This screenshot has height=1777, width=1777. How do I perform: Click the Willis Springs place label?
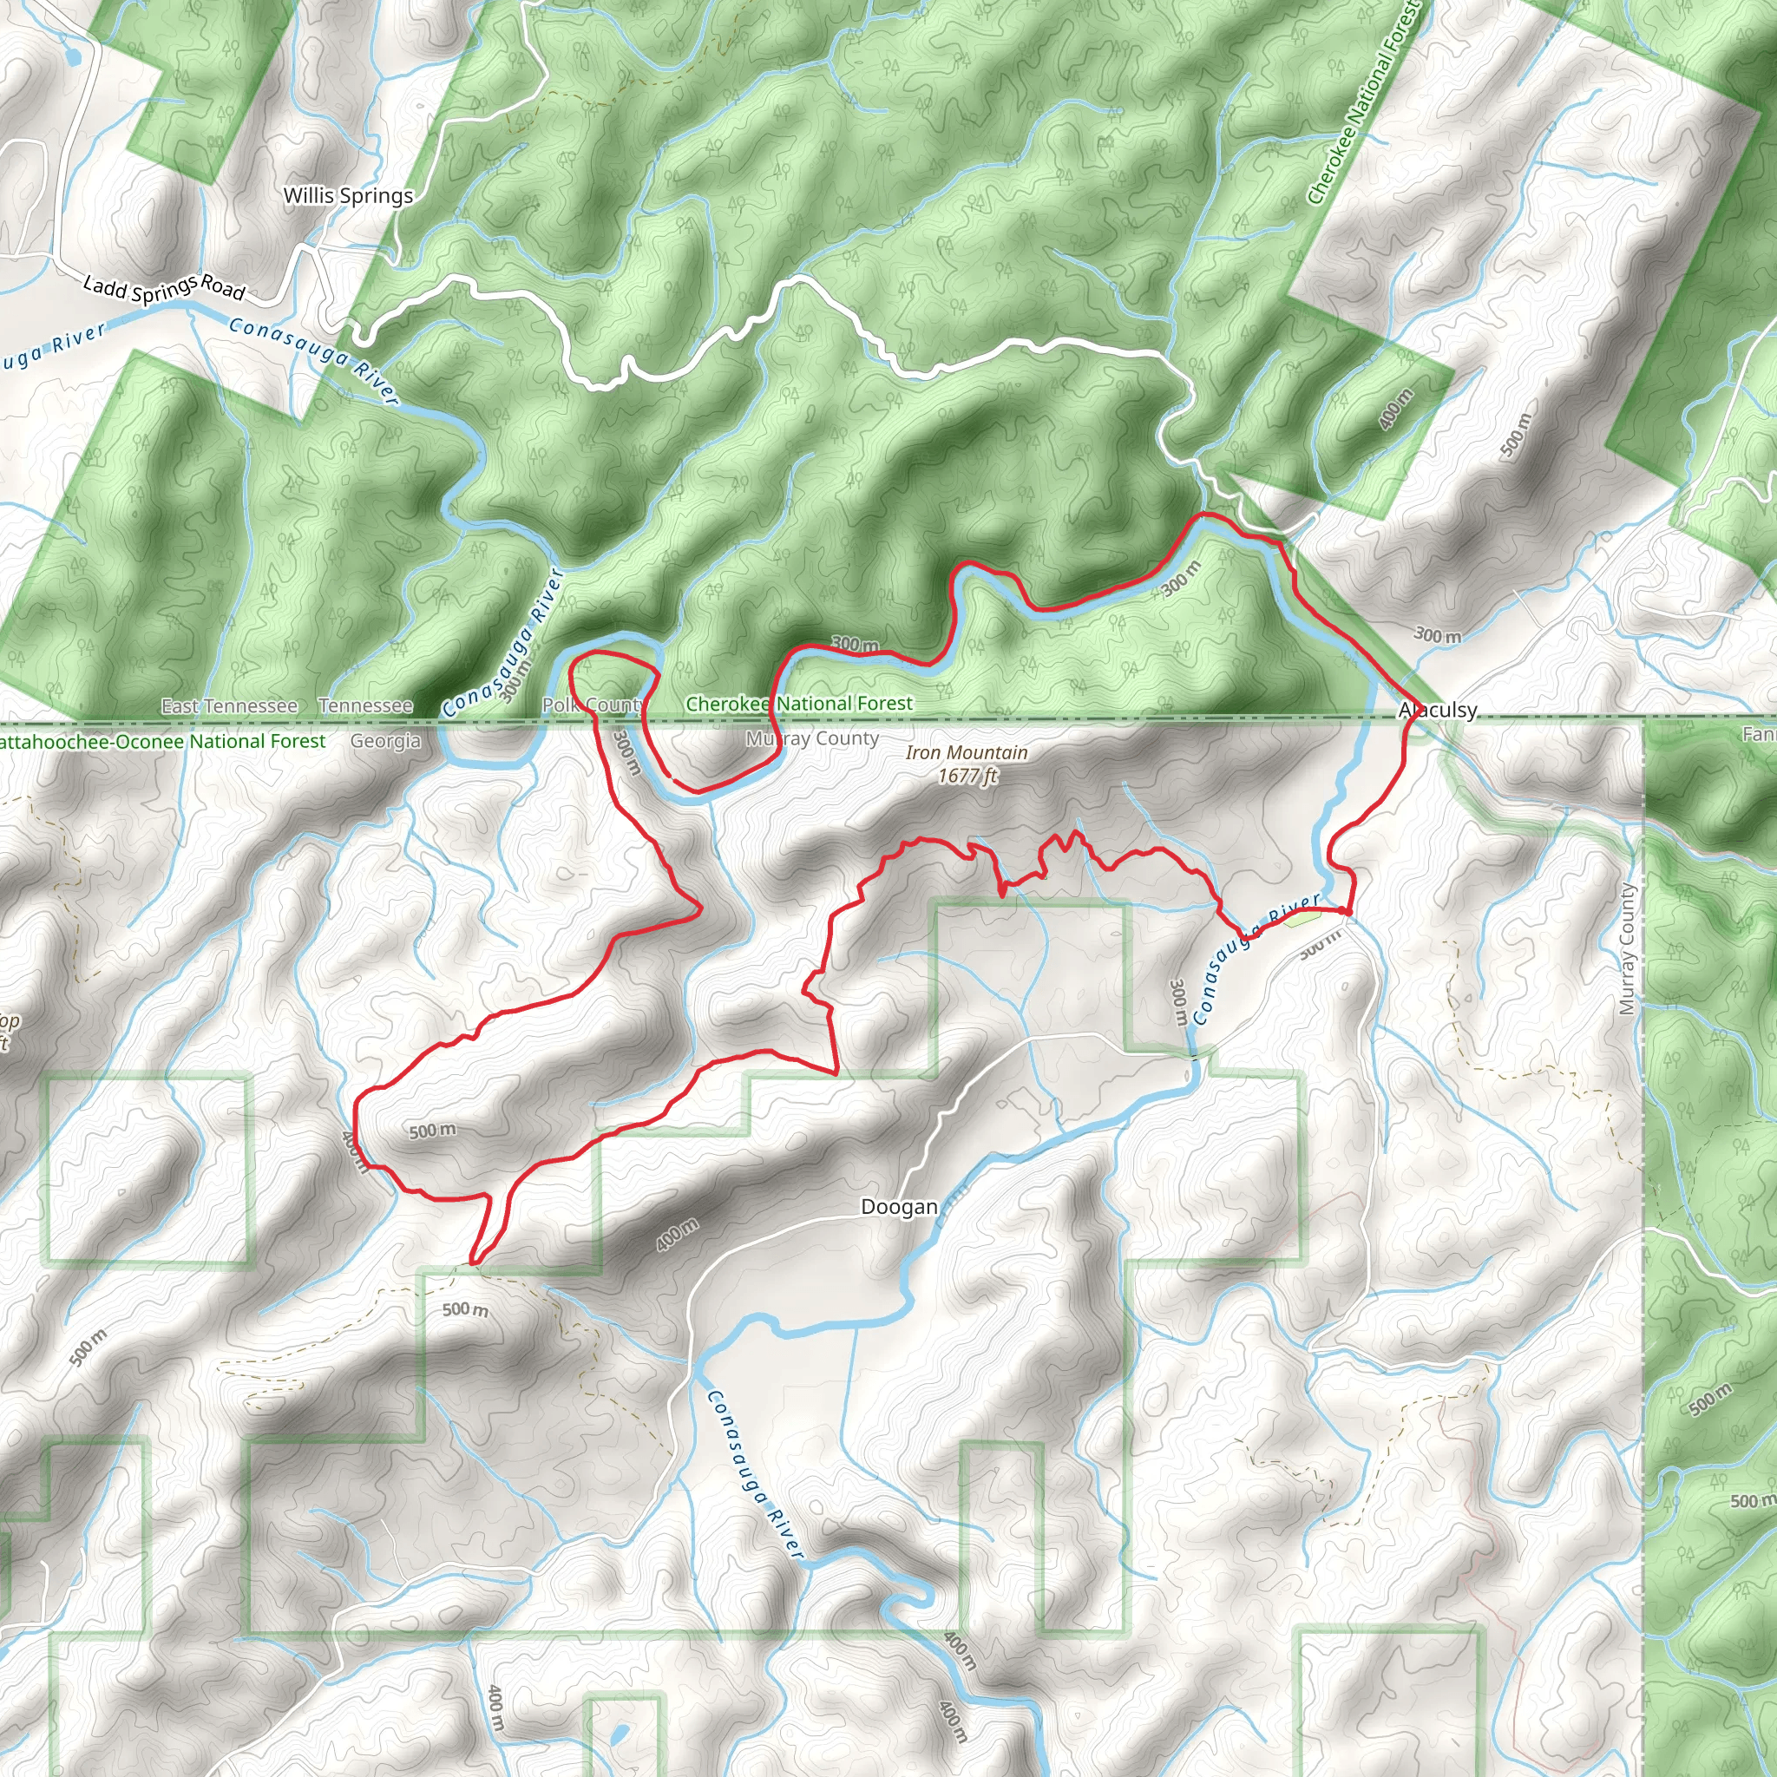pos(348,196)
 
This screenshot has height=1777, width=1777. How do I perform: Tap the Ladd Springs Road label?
pos(164,288)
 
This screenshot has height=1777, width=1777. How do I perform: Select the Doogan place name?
pos(899,1207)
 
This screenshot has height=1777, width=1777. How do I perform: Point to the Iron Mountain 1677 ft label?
pos(967,764)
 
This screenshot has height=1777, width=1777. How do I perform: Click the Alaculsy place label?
pos(1438,710)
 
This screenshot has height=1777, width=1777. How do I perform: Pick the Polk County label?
pos(593,705)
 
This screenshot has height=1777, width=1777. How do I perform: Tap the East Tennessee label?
pos(229,706)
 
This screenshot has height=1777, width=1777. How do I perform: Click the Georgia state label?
pos(385,741)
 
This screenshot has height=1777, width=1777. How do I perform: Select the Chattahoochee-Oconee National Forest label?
pos(162,741)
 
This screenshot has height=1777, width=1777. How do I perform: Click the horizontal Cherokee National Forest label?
pos(799,704)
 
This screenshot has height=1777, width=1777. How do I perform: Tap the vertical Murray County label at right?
pos(1627,949)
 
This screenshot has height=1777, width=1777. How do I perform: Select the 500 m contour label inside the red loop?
pos(432,1131)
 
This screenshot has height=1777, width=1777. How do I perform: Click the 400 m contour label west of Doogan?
pos(677,1234)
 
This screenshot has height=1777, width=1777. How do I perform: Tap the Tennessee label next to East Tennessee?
pos(365,706)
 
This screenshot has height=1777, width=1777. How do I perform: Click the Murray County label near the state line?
pos(812,738)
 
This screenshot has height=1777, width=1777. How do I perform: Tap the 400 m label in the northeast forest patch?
pos(1395,410)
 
